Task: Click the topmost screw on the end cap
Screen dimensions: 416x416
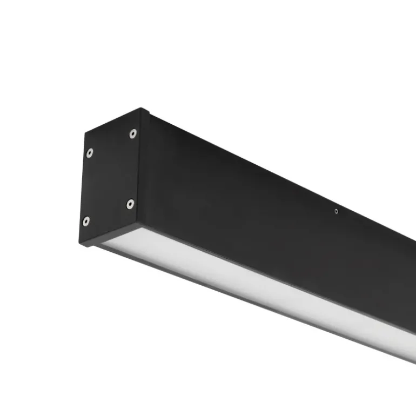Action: [133, 133]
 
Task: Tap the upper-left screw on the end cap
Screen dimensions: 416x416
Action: [89, 153]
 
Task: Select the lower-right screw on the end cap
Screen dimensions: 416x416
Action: [130, 204]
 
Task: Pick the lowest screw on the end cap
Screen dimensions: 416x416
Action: [86, 221]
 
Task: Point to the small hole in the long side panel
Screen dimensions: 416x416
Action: [336, 211]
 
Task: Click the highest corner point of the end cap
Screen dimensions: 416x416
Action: [142, 109]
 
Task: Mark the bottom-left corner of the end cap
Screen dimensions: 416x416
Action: [81, 245]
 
